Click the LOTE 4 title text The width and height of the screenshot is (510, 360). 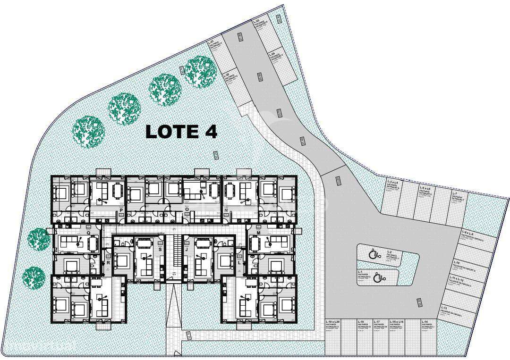pyautogui.click(x=181, y=132)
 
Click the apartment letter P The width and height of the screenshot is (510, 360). pyautogui.click(x=121, y=210)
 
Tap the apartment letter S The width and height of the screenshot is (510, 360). pyautogui.click(x=160, y=249)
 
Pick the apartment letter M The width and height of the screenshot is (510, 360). pyautogui.click(x=258, y=233)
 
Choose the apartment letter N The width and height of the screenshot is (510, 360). pyautogui.click(x=227, y=210)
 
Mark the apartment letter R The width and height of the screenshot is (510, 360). pyautogui.click(x=108, y=262)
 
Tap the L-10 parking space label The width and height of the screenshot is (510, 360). pyautogui.click(x=457, y=262)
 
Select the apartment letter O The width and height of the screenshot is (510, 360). pyautogui.click(x=187, y=210)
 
